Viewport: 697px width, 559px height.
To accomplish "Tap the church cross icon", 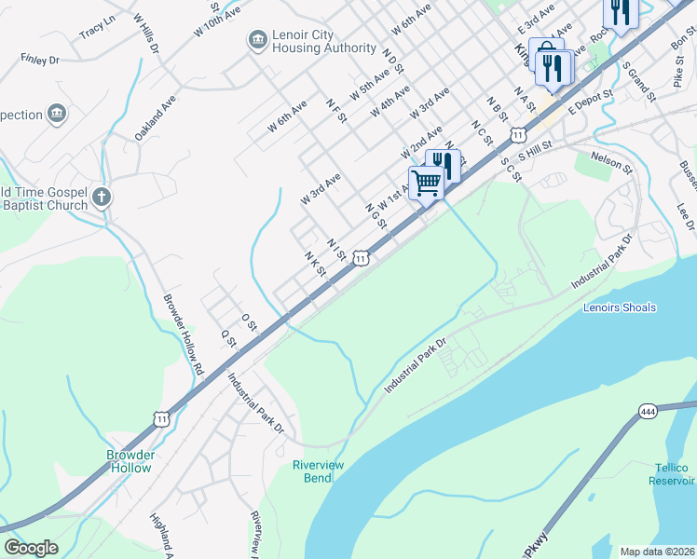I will click(x=102, y=197).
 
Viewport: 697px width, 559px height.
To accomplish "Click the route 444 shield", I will click(x=649, y=410).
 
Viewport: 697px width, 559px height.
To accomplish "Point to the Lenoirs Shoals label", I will click(x=620, y=307).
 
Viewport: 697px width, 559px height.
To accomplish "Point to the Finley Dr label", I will click(x=40, y=59).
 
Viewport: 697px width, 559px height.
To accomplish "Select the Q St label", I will click(x=226, y=335).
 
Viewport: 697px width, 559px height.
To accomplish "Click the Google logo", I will click(x=31, y=548).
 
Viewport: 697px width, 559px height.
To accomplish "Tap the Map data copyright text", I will click(x=657, y=552).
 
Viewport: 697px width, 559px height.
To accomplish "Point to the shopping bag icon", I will click(x=546, y=52).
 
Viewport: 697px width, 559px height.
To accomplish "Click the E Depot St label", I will click(x=589, y=101).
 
